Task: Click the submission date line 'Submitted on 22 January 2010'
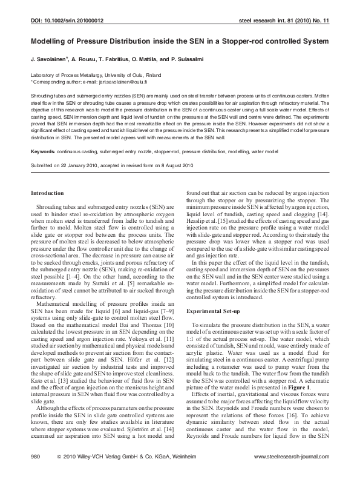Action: click(x=67, y=165)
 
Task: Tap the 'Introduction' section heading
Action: click(x=47, y=194)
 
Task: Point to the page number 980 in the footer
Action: click(x=35, y=456)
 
